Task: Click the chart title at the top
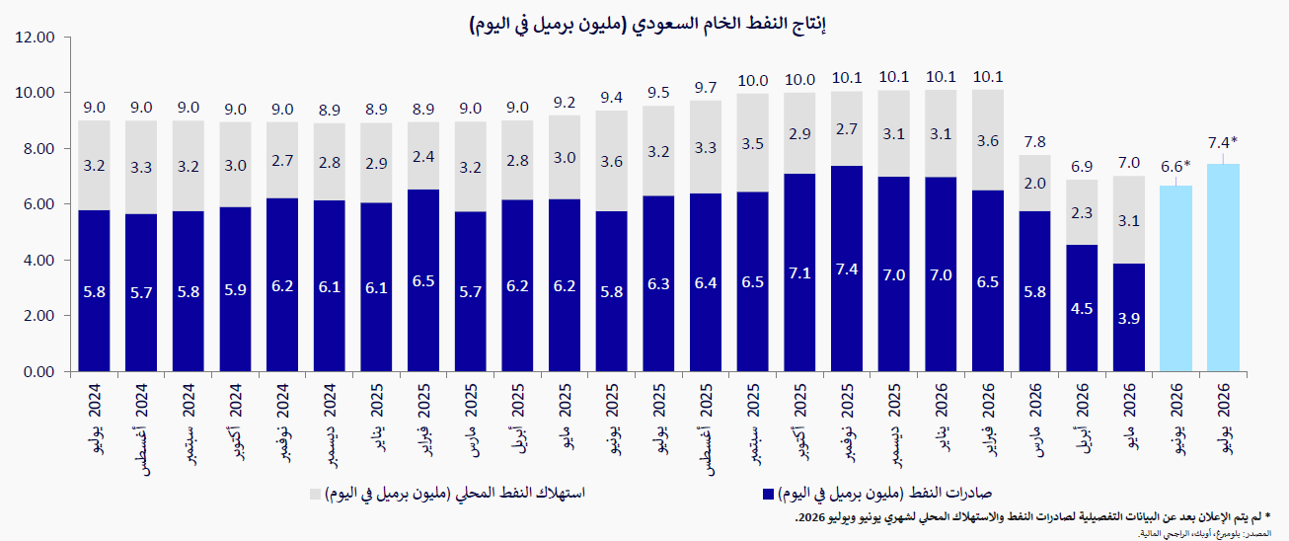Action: pyautogui.click(x=647, y=24)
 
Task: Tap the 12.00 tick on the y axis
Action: pyautogui.click(x=36, y=38)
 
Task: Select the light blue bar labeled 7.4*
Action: pyautogui.click(x=1223, y=268)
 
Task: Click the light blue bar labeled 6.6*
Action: pyautogui.click(x=1175, y=278)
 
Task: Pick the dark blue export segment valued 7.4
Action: pyautogui.click(x=847, y=269)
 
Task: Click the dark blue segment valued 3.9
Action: pyautogui.click(x=1128, y=317)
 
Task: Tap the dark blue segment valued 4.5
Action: pyautogui.click(x=1082, y=308)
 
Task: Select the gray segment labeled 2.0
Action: pyautogui.click(x=1034, y=183)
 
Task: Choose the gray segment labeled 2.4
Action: pyautogui.click(x=423, y=156)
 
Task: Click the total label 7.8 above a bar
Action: pyautogui.click(x=1034, y=141)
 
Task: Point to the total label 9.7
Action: pyautogui.click(x=706, y=88)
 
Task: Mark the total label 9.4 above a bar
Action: pyautogui.click(x=612, y=98)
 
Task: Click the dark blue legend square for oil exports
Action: pyautogui.click(x=768, y=494)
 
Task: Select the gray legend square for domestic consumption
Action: pyautogui.click(x=316, y=494)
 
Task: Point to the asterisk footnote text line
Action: pyautogui.click(x=1033, y=517)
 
